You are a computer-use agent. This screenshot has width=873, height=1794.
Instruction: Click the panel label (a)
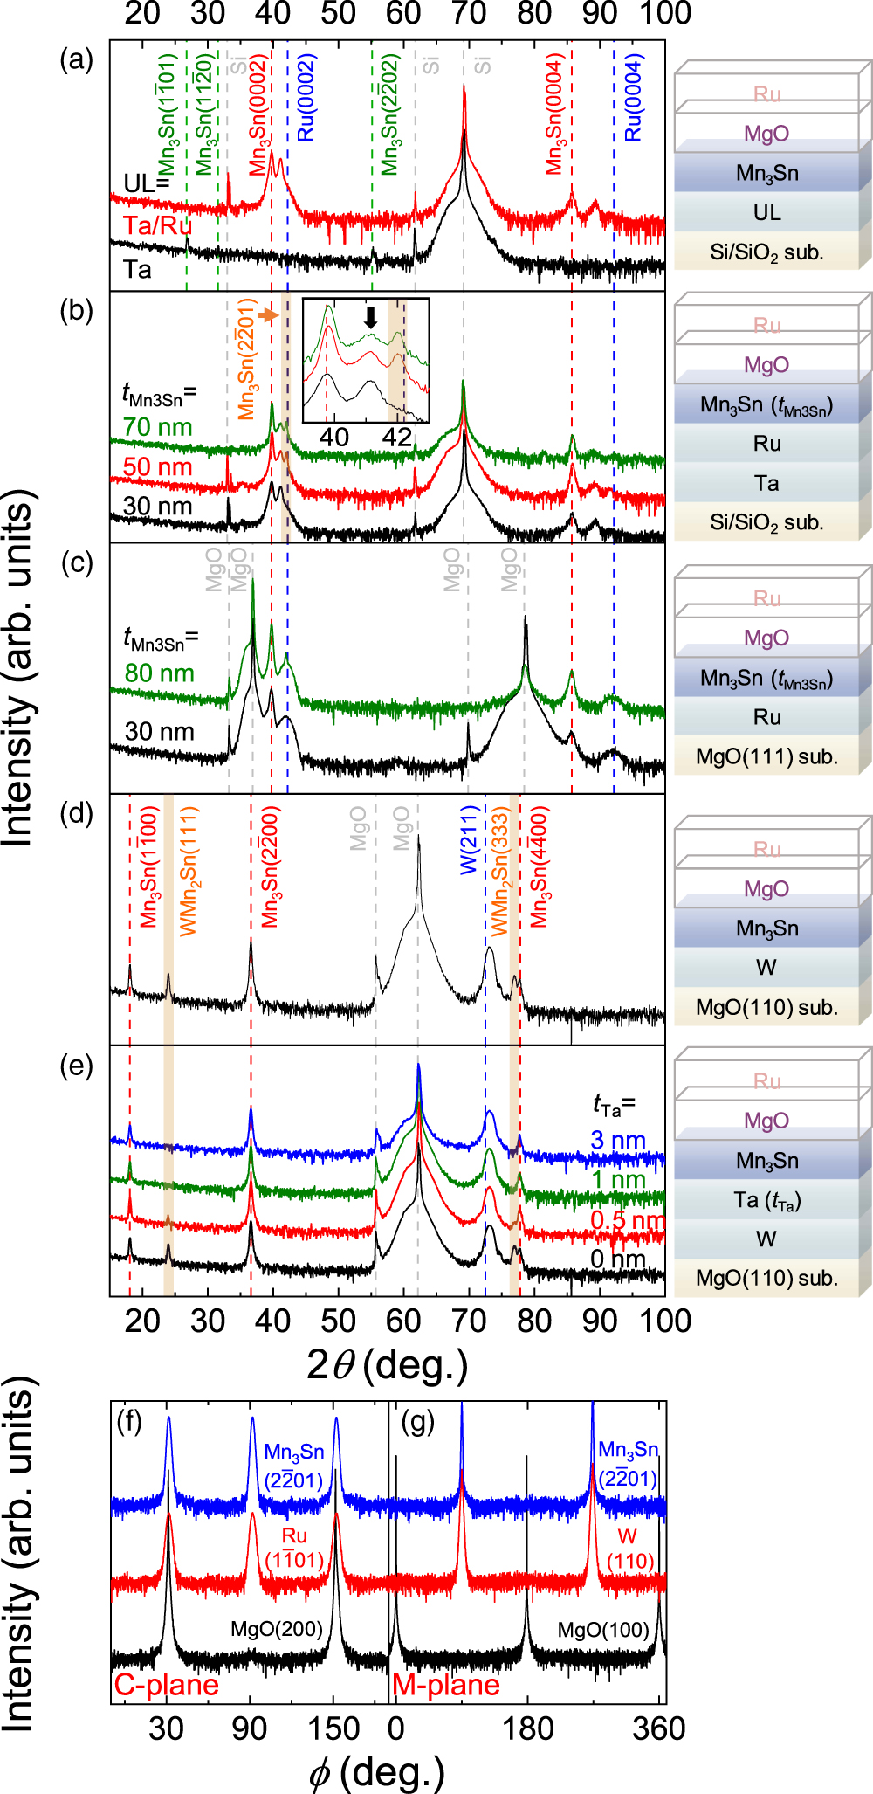click(76, 60)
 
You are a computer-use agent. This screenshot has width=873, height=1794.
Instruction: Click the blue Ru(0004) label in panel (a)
click(634, 98)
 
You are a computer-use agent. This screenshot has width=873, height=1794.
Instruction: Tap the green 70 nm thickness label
click(157, 427)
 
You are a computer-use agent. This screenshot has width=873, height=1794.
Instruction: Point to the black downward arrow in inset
click(371, 317)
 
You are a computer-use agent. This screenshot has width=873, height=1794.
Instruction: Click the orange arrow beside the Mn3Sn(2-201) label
click(270, 315)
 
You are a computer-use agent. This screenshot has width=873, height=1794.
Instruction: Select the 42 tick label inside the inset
click(397, 436)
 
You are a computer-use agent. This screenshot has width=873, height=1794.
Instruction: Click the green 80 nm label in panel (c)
click(159, 673)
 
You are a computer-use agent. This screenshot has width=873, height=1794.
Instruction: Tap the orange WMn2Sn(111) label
click(189, 872)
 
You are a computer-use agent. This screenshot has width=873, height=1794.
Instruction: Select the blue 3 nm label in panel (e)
click(617, 1141)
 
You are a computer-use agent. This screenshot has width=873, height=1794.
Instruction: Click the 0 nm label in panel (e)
click(617, 1259)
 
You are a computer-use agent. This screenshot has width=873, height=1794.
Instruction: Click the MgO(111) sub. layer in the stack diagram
click(766, 756)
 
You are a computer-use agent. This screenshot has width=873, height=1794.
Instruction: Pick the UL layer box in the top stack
click(766, 212)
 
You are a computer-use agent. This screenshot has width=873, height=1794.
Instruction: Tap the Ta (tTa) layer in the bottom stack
click(766, 1200)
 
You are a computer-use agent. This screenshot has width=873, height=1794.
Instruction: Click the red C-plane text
click(166, 1685)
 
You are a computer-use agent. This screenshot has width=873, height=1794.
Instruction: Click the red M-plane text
click(446, 1685)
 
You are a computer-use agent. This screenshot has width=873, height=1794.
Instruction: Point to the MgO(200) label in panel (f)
click(276, 1630)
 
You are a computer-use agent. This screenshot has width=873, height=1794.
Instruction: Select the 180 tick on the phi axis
click(527, 1728)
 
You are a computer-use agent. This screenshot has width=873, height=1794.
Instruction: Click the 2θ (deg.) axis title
click(387, 1364)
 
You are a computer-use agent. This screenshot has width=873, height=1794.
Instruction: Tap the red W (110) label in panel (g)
click(628, 1549)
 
